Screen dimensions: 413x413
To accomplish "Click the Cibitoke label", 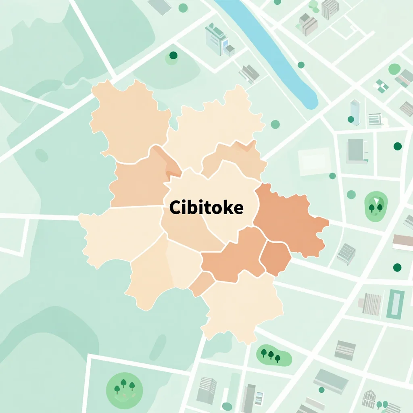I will (206, 207).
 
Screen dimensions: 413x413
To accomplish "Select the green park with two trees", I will (375, 206).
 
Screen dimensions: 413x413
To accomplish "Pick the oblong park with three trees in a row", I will (274, 355).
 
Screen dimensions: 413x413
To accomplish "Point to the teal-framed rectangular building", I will (395, 304).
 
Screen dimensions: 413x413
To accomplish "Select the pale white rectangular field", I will (314, 161).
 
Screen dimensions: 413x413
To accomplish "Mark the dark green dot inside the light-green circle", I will (173, 56).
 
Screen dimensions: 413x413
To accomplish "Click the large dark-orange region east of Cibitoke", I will (288, 218).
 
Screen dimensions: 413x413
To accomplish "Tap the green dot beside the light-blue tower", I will (351, 119).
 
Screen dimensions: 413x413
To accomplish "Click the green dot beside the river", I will (301, 65).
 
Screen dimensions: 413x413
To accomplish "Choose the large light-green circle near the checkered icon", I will (394, 69).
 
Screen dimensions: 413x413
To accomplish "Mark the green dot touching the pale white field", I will (332, 176).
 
